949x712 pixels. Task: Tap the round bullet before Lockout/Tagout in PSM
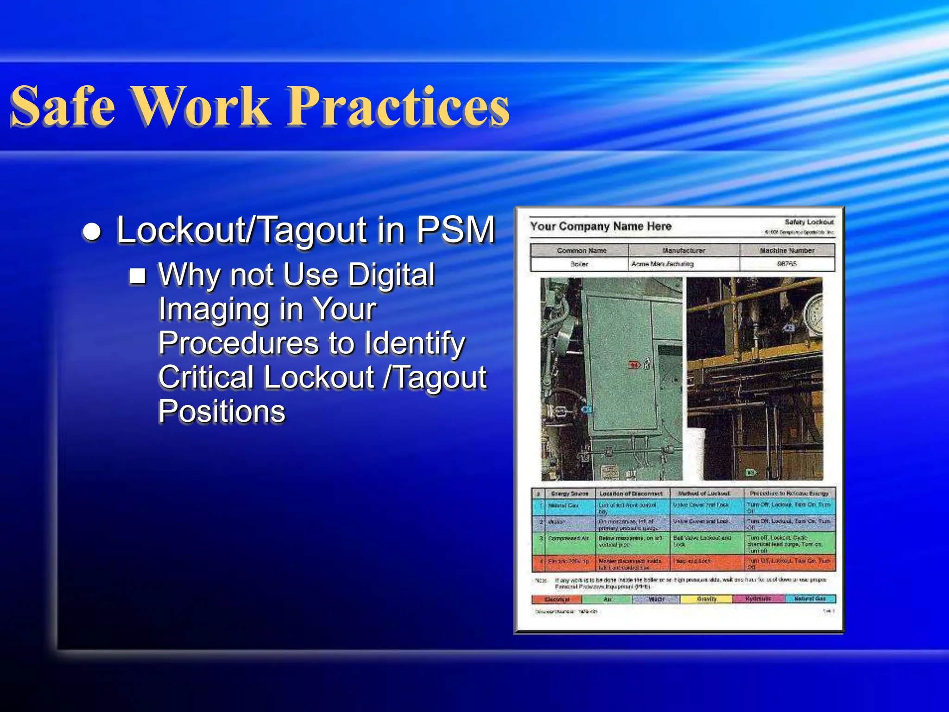pos(92,231)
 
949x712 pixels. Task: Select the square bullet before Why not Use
pos(138,276)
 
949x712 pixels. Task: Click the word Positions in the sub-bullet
pos(221,411)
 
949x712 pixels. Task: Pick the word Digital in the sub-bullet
pos(392,275)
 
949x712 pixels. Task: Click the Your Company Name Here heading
pos(601,227)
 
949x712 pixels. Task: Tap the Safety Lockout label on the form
pos(809,222)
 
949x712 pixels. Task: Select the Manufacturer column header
pos(683,250)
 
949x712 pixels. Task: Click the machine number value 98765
pos(787,264)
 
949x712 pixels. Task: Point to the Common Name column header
pos(582,250)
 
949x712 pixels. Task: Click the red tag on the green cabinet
pos(634,365)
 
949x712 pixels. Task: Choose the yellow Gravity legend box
pos(706,599)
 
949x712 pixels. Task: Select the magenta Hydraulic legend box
pos(758,599)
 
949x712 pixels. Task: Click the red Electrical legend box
pos(557,599)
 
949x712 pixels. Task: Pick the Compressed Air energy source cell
pos(569,539)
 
